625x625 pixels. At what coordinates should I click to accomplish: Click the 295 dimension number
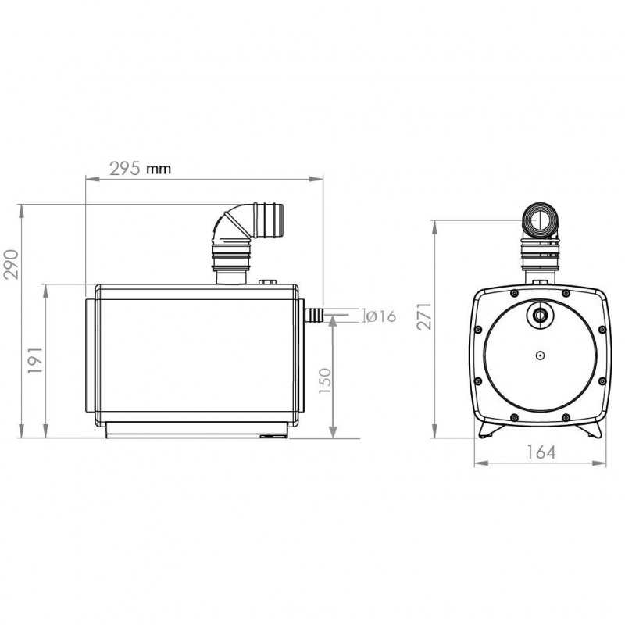click(125, 169)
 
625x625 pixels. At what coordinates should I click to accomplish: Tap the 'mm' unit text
click(159, 169)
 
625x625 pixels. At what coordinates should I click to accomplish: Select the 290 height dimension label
click(12, 264)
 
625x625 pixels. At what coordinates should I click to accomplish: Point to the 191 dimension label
click(36, 360)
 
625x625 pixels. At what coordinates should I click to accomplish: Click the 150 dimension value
click(325, 380)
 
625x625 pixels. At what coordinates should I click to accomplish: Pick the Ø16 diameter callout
click(381, 316)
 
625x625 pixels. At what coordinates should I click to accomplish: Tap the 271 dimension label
click(424, 316)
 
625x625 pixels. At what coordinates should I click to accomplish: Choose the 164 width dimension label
click(541, 452)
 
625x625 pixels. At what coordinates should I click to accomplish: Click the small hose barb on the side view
click(313, 315)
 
